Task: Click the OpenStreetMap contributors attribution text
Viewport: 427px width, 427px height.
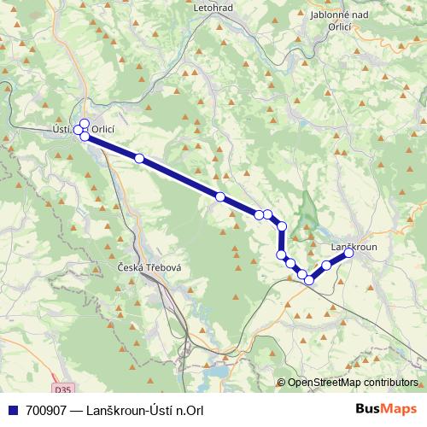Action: coord(353,383)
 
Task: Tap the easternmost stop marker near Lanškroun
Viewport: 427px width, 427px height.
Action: coord(348,253)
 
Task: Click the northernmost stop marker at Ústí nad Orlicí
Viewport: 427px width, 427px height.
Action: coord(85,123)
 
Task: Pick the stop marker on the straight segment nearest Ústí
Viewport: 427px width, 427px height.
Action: coord(139,159)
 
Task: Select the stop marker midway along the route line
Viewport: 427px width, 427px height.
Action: coord(220,197)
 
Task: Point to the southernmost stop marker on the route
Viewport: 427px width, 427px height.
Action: coord(309,279)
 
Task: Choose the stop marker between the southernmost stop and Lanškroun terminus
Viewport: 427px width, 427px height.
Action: coord(326,266)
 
